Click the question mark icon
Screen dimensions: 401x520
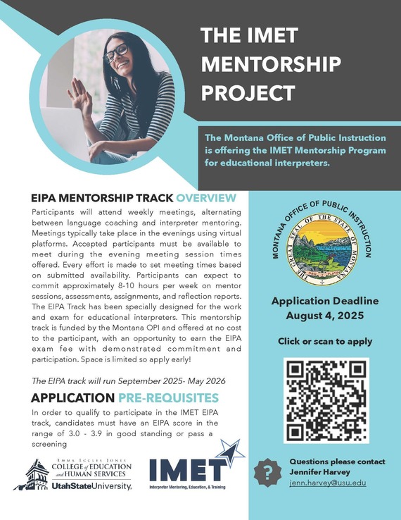tap(268, 473)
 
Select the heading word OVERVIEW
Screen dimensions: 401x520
tap(206, 198)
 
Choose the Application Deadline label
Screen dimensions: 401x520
tap(325, 301)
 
